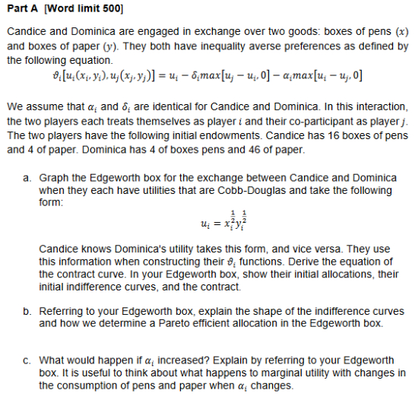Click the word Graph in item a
click(52, 178)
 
